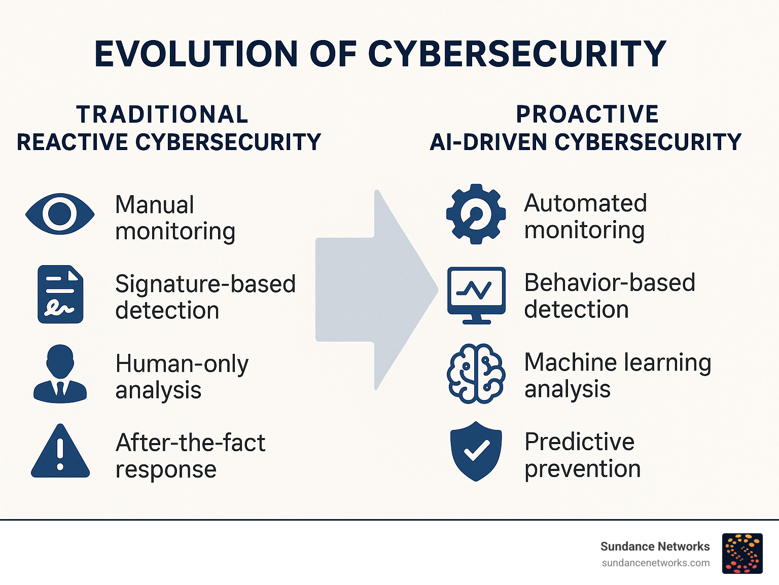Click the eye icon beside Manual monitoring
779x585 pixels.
click(x=60, y=214)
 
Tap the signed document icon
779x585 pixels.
click(x=60, y=294)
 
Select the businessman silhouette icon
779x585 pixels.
click(x=60, y=374)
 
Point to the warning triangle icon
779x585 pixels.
click(x=60, y=451)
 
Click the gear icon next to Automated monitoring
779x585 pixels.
click(x=476, y=214)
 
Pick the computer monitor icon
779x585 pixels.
click(x=476, y=296)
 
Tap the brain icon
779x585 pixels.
click(x=476, y=374)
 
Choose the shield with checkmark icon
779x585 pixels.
click(x=476, y=451)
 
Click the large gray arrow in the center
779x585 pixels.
click(x=376, y=290)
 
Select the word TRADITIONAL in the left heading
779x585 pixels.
click(x=162, y=114)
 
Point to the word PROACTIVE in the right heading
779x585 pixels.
click(x=587, y=114)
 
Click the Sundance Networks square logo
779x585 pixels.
click(x=742, y=554)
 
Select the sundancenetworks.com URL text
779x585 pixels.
click(x=656, y=563)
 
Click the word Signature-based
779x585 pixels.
click(x=205, y=284)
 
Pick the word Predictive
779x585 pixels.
click(x=580, y=442)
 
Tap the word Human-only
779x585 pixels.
click(x=182, y=364)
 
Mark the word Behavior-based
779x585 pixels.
click(x=610, y=283)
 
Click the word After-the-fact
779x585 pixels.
click(x=191, y=443)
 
